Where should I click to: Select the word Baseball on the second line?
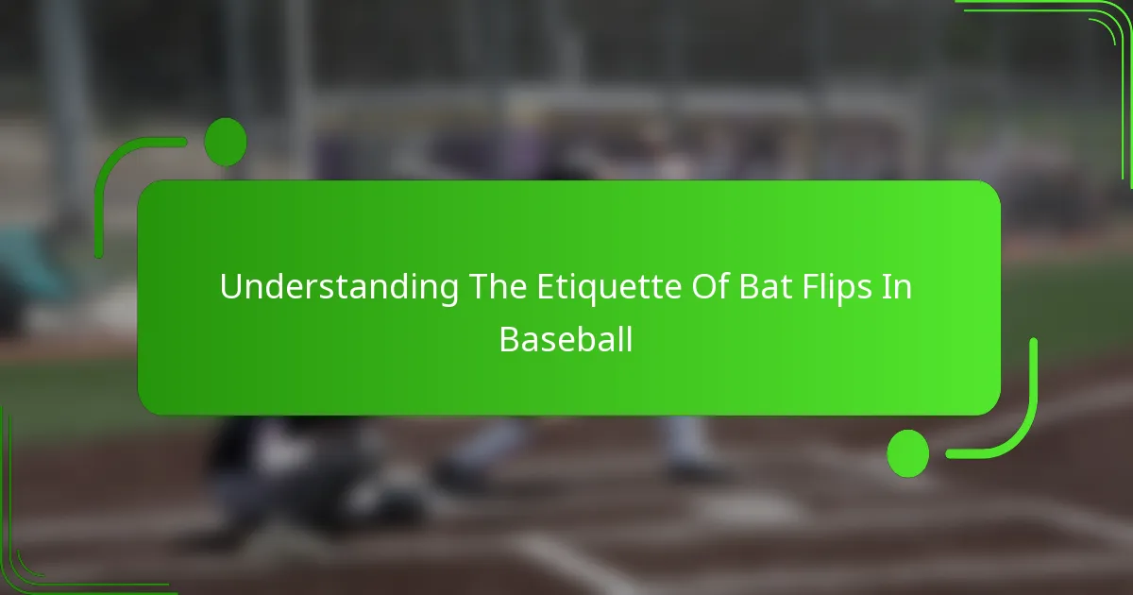pyautogui.click(x=566, y=339)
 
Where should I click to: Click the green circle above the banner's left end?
pyautogui.click(x=225, y=143)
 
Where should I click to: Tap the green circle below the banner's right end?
pyautogui.click(x=907, y=452)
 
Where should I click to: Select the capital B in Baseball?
pyautogui.click(x=508, y=339)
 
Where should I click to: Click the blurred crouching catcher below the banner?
pyautogui.click(x=283, y=472)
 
